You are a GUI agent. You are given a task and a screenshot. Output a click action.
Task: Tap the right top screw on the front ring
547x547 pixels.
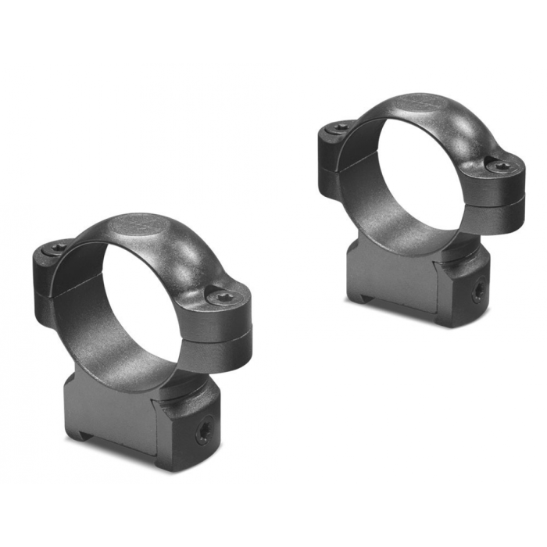click(x=225, y=297)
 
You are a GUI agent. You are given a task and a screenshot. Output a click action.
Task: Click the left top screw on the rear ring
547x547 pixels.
click(x=341, y=127)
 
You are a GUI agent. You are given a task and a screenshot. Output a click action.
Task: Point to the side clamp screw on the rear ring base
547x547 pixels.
click(x=476, y=295)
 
